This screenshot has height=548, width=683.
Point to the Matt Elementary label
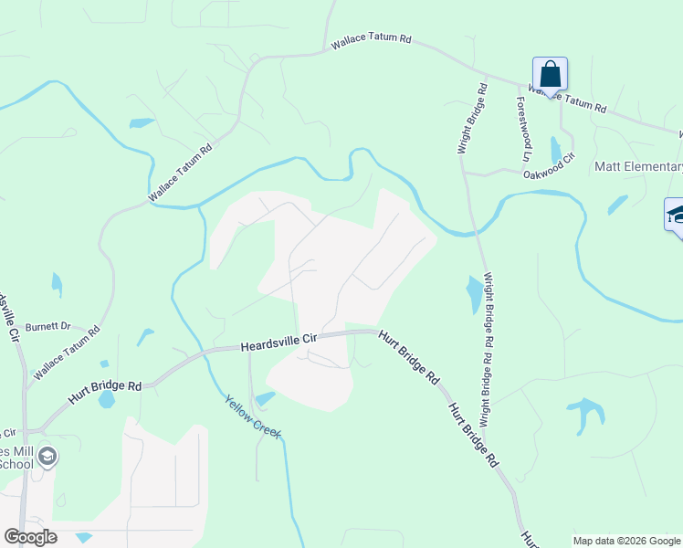tap(638, 166)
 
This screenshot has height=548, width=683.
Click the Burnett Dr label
tap(47, 326)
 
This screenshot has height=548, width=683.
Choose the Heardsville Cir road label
tap(278, 342)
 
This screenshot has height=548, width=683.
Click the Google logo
tap(30, 536)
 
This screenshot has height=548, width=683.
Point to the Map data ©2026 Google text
tap(626, 541)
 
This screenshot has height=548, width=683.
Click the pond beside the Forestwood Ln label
tap(556, 148)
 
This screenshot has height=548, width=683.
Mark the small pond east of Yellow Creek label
tap(266, 398)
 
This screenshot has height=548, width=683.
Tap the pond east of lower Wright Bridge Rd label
tap(475, 293)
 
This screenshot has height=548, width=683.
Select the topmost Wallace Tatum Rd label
tap(372, 42)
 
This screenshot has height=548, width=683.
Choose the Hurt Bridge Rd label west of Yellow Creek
tap(104, 394)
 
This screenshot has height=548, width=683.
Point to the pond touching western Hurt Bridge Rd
tap(107, 399)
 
